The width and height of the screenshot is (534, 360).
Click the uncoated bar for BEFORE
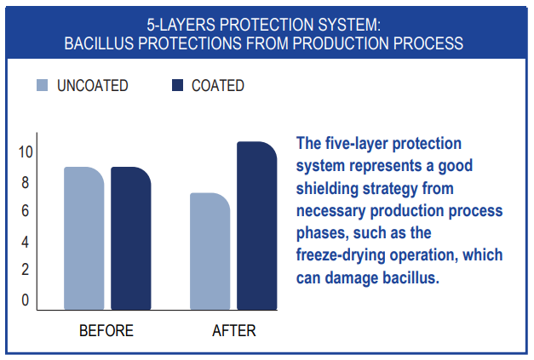[84, 238]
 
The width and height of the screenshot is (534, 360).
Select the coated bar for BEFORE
[131, 238]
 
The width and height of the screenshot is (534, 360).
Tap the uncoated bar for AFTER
[210, 251]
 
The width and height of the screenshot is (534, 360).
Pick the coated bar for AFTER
[257, 226]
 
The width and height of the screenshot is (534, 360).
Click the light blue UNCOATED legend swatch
[43, 85]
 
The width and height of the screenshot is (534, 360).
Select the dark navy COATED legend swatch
[178, 85]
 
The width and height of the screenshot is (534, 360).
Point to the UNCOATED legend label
[93, 85]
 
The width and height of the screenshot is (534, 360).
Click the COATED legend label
[218, 85]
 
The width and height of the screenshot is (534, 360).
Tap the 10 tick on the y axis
[26, 152]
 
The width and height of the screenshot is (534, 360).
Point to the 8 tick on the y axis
[26, 183]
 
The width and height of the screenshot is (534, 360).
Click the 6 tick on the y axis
[26, 211]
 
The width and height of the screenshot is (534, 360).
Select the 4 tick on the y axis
[25, 242]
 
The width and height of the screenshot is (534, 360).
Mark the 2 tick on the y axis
[26, 270]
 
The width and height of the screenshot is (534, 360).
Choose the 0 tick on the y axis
[26, 300]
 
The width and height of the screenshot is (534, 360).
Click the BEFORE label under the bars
[106, 331]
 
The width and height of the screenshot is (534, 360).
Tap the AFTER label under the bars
[234, 331]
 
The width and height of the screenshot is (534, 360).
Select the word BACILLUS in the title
[99, 43]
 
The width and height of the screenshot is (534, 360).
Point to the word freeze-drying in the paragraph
[341, 255]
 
